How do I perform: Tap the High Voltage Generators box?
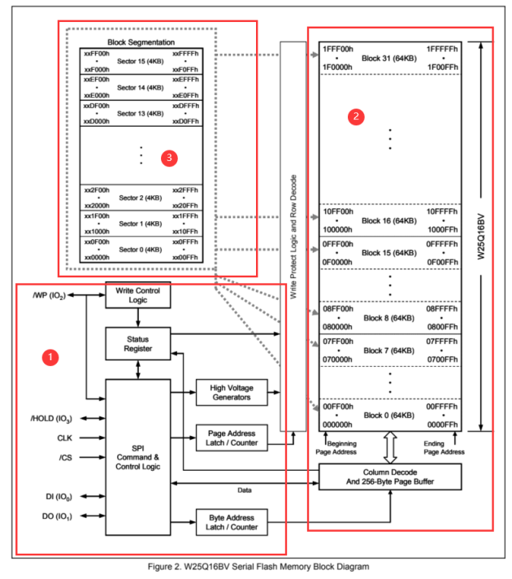coord(231,393)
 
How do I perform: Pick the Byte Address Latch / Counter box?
coord(231,522)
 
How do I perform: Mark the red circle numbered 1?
coord(51,357)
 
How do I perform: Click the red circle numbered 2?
coord(355,116)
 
